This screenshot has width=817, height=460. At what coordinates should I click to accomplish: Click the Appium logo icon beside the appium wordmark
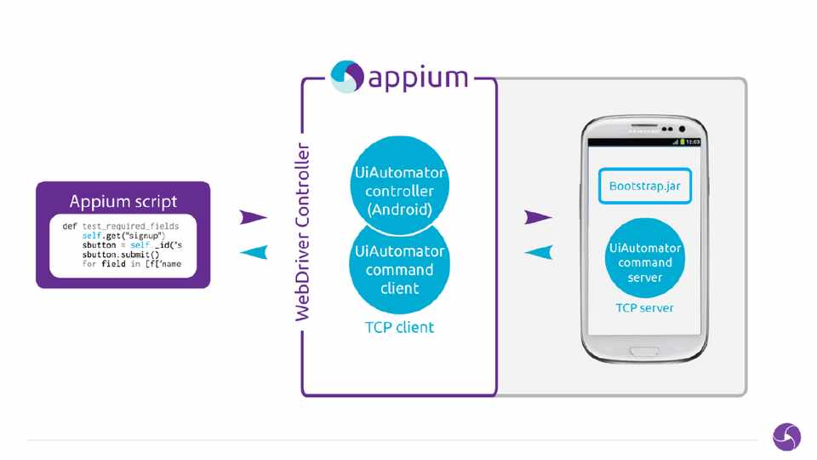(x=347, y=77)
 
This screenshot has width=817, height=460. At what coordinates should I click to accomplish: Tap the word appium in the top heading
(x=418, y=78)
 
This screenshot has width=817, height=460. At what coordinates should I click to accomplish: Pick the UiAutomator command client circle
(x=399, y=268)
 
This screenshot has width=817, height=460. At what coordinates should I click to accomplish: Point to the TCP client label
(x=399, y=327)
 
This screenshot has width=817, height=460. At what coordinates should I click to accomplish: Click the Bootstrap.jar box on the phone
(x=644, y=186)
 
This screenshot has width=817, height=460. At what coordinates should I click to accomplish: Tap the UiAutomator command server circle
(x=645, y=262)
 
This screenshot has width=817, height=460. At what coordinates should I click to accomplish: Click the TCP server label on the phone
(x=645, y=308)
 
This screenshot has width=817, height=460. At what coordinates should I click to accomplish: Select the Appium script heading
(x=123, y=202)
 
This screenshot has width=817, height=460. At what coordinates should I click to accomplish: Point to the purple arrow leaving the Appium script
(x=254, y=218)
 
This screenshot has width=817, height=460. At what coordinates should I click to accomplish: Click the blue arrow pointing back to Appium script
(x=254, y=251)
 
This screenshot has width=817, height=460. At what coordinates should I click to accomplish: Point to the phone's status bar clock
(x=693, y=141)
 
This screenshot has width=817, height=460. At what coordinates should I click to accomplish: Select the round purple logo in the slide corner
(x=786, y=437)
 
